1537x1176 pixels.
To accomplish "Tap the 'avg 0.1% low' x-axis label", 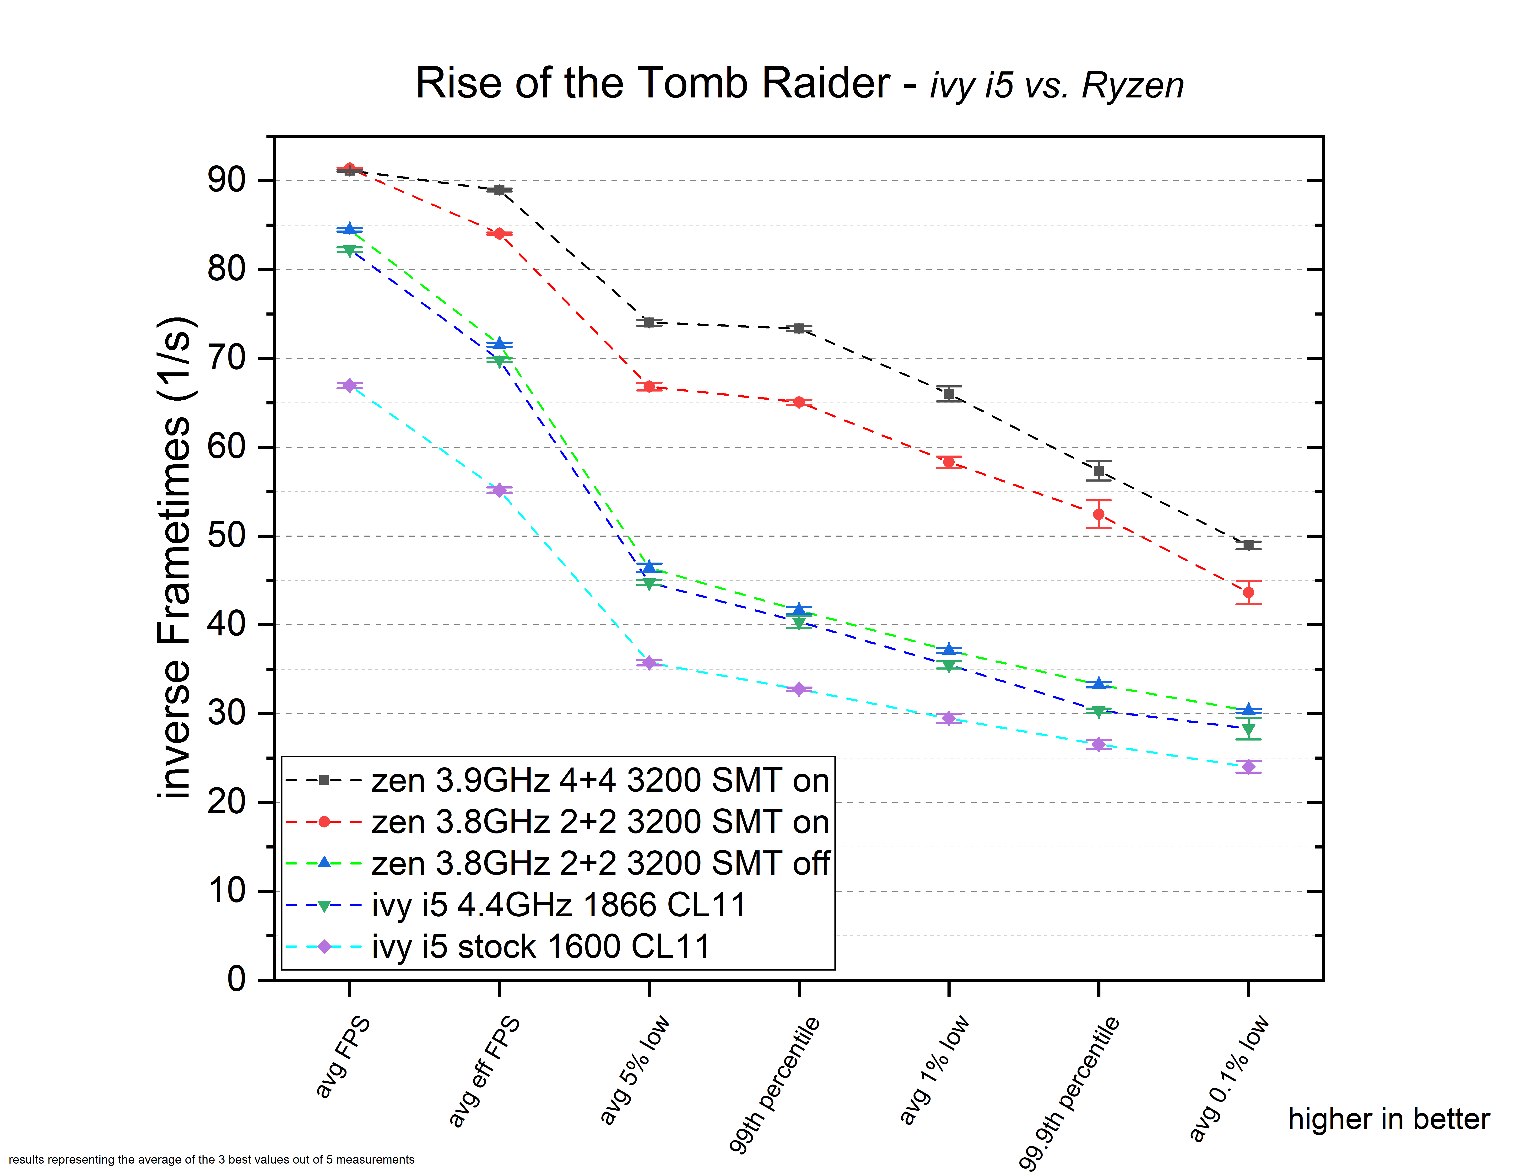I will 1229,1078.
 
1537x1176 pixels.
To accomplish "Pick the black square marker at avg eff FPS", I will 499,190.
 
